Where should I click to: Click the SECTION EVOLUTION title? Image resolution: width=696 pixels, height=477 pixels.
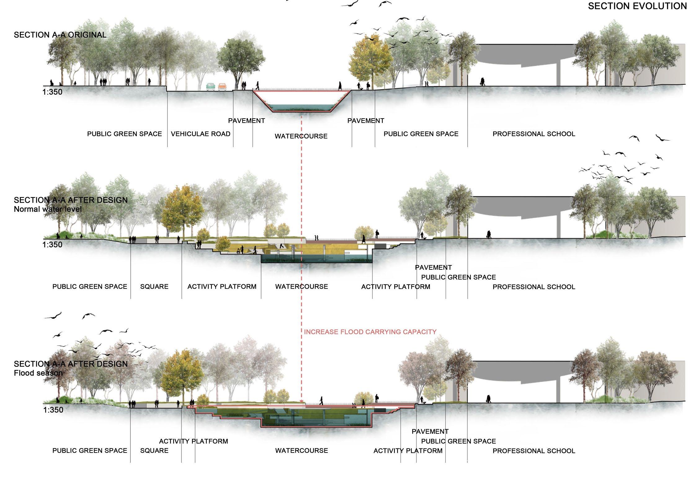[x=637, y=6]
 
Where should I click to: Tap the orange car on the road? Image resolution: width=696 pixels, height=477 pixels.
[x=222, y=87]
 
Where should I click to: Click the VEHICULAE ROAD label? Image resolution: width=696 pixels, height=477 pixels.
[x=201, y=134]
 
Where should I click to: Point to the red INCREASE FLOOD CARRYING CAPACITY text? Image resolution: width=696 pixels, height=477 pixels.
[x=370, y=332]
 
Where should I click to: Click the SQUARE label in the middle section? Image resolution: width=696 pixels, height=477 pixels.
[x=154, y=286]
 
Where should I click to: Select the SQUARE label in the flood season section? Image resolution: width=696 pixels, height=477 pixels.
[x=154, y=451]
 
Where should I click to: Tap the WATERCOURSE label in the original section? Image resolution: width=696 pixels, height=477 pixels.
[x=301, y=136]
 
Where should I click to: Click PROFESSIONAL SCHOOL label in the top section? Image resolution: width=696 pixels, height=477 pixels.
[x=534, y=134]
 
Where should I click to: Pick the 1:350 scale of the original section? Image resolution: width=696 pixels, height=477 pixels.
[x=52, y=92]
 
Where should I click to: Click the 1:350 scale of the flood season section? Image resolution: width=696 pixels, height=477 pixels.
[x=53, y=410]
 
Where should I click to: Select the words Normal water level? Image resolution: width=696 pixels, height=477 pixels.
[x=48, y=209]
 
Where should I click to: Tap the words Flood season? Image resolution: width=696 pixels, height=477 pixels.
[x=38, y=373]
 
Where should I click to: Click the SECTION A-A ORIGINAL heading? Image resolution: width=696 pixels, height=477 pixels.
[x=60, y=35]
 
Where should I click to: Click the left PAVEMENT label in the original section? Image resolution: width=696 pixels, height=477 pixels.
[x=247, y=121]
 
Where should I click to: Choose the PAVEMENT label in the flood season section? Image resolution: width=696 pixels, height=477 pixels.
[x=430, y=431]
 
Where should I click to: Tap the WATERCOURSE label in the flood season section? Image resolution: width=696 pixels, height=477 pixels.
[x=301, y=451]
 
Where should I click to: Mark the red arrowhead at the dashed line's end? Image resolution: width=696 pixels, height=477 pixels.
[x=301, y=401]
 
